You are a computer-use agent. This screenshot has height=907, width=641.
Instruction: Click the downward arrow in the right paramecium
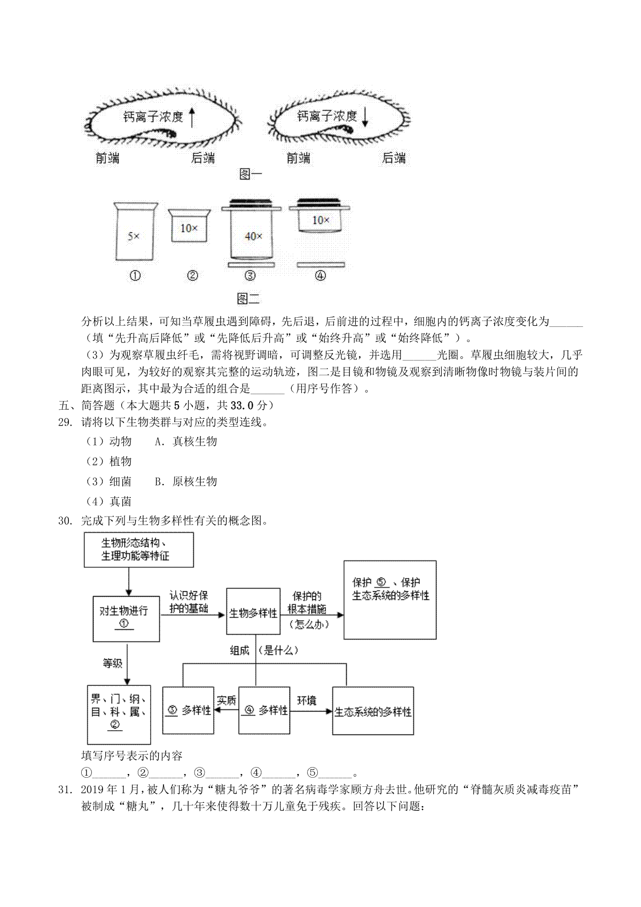tap(365, 117)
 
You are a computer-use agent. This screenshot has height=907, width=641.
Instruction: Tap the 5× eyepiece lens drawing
tap(135, 232)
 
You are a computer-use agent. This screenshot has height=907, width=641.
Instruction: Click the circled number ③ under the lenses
tap(250, 276)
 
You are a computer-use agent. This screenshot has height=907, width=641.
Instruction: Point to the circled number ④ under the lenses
tap(320, 276)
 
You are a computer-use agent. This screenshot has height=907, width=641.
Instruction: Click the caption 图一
tap(251, 174)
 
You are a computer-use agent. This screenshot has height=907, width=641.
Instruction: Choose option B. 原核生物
tap(186, 481)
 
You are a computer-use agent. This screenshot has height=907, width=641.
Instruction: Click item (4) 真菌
tap(109, 502)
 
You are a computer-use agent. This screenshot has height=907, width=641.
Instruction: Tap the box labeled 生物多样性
tap(253, 613)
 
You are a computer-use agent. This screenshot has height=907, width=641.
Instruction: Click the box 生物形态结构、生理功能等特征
tap(138, 550)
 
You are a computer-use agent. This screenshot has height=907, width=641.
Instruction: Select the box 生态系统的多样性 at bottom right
tap(373, 711)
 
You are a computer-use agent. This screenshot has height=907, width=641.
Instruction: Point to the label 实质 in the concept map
tap(226, 700)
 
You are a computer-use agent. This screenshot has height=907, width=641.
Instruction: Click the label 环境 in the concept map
tap(307, 700)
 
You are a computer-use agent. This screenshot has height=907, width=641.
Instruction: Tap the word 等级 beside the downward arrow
tap(112, 663)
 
